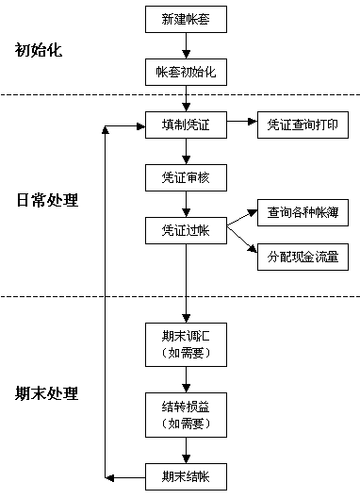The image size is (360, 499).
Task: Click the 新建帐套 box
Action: [x=186, y=19]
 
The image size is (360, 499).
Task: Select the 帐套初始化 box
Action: [x=186, y=72]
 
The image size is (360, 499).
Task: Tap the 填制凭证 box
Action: [x=186, y=125]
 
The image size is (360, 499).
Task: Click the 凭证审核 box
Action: [x=186, y=177]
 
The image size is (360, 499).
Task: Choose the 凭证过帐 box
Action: [x=186, y=230]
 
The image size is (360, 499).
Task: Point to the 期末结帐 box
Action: [x=186, y=475]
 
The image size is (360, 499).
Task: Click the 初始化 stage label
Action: [x=39, y=50]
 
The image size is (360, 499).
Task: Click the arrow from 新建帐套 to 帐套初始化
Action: [x=186, y=45]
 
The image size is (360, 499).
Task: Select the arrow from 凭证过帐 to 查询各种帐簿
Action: [x=241, y=222]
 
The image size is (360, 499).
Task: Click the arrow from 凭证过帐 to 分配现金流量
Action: [x=241, y=242]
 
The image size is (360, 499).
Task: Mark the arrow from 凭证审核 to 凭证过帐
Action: [x=186, y=204]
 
